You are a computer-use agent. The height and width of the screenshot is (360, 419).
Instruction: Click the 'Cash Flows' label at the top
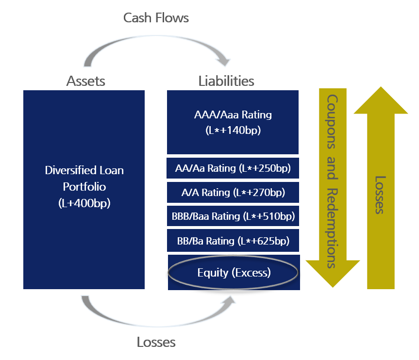tap(156, 18)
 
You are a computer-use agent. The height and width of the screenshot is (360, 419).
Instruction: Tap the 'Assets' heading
tap(85, 81)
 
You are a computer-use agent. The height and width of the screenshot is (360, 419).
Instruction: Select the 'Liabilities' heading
tap(226, 81)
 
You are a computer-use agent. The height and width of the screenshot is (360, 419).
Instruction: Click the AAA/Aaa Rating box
tap(233, 122)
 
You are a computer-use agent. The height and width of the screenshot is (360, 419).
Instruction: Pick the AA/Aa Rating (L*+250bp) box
tap(233, 168)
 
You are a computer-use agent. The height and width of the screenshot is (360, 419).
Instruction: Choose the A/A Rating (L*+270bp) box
tap(233, 192)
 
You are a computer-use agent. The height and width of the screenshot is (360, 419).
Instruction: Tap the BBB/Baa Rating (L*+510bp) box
tap(233, 216)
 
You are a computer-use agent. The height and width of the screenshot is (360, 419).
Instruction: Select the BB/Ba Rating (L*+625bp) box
tap(233, 241)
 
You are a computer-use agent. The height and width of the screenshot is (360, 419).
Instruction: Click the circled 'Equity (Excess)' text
tap(234, 272)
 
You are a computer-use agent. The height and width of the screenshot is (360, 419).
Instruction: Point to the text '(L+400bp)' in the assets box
tap(84, 203)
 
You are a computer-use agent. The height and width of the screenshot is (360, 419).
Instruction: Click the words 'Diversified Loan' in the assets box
tap(84, 170)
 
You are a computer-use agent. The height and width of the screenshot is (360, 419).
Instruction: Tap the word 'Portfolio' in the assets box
tap(84, 186)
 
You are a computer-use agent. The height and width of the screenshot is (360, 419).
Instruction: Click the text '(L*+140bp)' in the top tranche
tap(233, 130)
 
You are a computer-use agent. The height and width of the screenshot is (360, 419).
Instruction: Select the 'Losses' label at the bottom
tap(156, 342)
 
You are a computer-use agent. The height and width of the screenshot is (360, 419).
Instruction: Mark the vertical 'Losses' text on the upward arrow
tap(380, 194)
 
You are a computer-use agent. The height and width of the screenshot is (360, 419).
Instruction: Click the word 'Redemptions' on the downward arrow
tap(332, 228)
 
